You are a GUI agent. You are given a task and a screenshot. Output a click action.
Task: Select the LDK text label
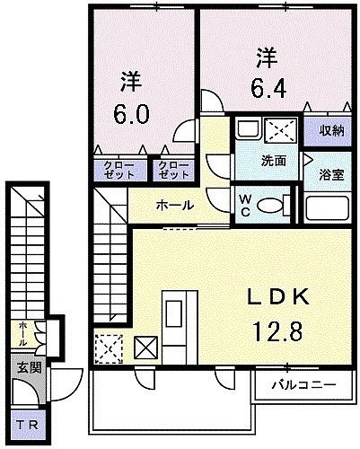[x=278, y=296]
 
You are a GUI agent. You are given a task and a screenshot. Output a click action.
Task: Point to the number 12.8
[x=278, y=330]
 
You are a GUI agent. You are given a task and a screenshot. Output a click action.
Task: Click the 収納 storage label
[x=331, y=130]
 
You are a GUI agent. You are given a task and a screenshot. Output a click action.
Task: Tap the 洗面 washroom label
[x=274, y=161]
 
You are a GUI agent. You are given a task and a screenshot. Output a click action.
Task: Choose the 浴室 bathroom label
[x=331, y=175]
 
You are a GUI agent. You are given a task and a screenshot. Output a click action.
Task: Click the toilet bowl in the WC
[x=270, y=206]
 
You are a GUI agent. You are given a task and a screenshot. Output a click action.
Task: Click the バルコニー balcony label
[x=303, y=385]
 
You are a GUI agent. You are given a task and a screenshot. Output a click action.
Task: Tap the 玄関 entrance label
[x=29, y=367]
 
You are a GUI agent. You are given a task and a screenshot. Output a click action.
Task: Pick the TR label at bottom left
[x=27, y=426]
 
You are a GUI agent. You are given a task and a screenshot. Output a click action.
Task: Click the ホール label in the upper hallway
[x=175, y=206]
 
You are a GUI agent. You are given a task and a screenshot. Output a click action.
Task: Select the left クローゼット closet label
[x=119, y=170]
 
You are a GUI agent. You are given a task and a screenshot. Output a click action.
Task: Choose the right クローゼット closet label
[x=173, y=170]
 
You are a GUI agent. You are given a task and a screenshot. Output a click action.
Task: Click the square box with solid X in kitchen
[x=145, y=348]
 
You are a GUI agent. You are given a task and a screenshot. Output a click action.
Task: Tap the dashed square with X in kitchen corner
[x=109, y=349]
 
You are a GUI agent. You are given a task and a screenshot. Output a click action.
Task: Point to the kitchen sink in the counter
[x=173, y=314]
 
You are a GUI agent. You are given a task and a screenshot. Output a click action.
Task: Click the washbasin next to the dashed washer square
[x=248, y=128]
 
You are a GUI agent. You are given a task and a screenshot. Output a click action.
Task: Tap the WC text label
[x=245, y=205]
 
